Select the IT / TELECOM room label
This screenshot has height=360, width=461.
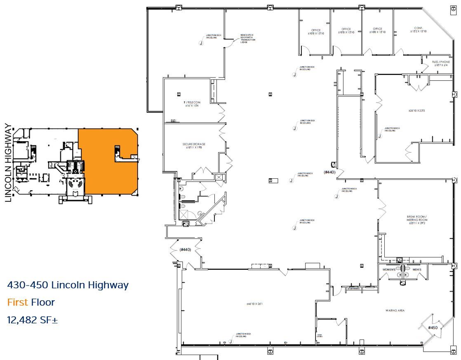[192, 102]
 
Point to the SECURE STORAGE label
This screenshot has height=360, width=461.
[194, 144]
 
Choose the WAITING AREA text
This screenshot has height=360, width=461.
[395, 310]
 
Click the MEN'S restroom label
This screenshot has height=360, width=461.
[416, 270]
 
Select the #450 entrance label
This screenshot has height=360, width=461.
[432, 327]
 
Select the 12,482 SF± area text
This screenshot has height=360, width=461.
[33, 320]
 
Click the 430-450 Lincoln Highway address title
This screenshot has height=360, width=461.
[68, 285]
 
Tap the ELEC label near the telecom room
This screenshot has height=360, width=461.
[174, 121]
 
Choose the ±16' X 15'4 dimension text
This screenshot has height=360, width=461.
[192, 106]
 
